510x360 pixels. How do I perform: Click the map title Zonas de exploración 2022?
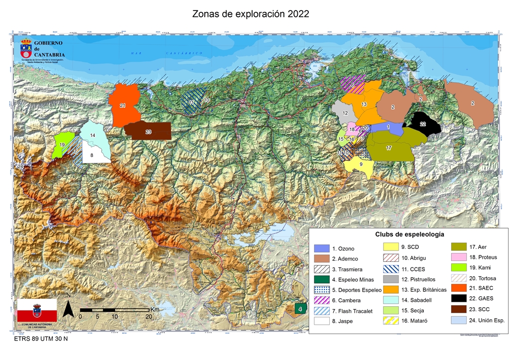pos(251,13)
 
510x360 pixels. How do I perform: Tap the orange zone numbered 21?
pos(123,106)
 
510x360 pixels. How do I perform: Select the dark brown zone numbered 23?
pos(148,131)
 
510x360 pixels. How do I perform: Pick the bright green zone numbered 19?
pos(62,144)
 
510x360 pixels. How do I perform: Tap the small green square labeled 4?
pos(300,308)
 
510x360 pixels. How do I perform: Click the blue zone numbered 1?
pos(388,128)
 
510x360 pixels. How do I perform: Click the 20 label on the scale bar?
pos(148,316)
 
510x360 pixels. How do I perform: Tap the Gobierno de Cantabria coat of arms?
pos(26,48)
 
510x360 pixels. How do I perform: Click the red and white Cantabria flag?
pos(37,311)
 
